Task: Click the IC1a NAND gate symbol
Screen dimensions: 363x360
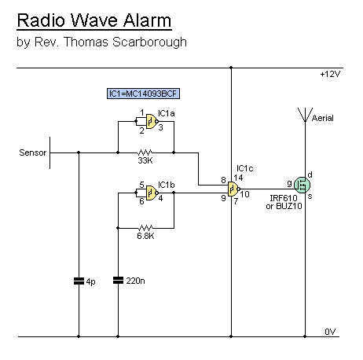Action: click(152, 121)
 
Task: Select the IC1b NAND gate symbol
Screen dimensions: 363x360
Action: click(152, 193)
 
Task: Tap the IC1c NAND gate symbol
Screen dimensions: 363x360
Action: click(234, 189)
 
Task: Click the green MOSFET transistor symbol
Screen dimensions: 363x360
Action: click(302, 185)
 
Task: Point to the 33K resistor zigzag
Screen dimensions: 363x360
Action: click(145, 152)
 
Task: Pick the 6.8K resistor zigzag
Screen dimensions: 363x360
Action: click(145, 228)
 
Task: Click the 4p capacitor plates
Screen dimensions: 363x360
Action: click(79, 281)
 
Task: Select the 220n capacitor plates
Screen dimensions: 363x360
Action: click(118, 281)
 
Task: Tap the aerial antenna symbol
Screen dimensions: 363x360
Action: click(305, 115)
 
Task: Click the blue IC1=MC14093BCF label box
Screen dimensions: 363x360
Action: click(143, 94)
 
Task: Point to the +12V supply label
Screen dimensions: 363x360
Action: click(330, 75)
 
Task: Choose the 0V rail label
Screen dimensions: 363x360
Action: click(330, 332)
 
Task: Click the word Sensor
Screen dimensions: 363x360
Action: click(33, 152)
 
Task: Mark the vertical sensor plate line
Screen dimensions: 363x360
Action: click(49, 152)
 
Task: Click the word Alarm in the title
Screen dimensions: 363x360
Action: click(147, 20)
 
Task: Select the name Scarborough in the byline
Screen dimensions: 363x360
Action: click(149, 42)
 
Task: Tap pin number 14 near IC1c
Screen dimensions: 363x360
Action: click(238, 178)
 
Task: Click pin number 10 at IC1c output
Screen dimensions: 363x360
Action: click(245, 194)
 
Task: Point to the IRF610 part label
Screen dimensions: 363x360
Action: click(284, 198)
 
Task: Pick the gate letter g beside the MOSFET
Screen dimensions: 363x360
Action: click(289, 184)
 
